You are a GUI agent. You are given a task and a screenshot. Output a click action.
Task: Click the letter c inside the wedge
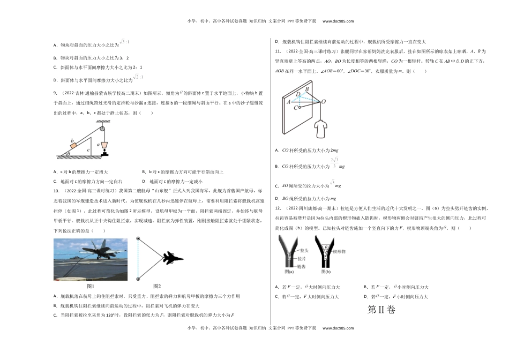pyautogui.click(x=88, y=150)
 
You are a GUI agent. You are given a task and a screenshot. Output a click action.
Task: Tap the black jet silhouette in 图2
pyautogui.click(x=172, y=258)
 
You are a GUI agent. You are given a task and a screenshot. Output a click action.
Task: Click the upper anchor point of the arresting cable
pyautogui.click(x=139, y=240)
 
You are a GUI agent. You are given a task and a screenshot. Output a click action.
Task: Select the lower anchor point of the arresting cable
pyautogui.click(x=139, y=278)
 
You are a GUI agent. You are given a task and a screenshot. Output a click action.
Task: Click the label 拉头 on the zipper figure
pyautogui.click(x=303, y=250)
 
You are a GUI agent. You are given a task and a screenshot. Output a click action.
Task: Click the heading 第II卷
pyautogui.click(x=380, y=310)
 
